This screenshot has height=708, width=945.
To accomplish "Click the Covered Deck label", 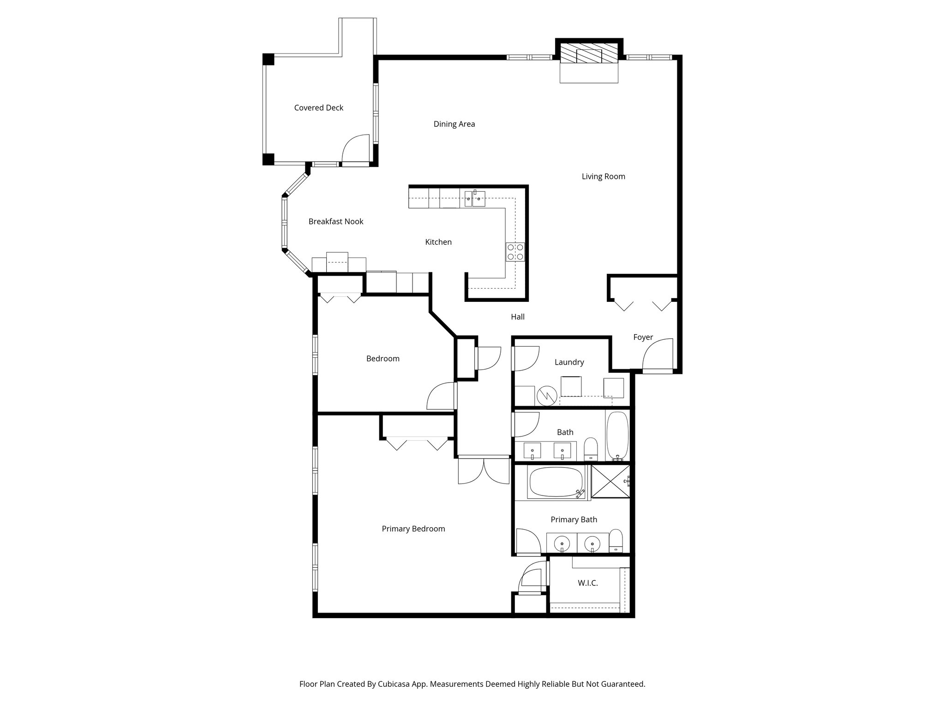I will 318,108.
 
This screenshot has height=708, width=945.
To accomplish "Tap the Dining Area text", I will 454,124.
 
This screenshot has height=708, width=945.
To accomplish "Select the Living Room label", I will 603,177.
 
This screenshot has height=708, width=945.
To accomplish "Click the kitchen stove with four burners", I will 515,252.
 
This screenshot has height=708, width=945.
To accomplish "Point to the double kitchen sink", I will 475,199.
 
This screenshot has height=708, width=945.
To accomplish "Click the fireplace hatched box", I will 589,56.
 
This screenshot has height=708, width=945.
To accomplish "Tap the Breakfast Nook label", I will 335,222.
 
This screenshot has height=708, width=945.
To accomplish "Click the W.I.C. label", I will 587,583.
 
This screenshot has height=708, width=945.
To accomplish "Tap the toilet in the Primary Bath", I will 616,541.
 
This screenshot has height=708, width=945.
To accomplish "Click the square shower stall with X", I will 610,481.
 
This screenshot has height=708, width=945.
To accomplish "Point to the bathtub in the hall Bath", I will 617,436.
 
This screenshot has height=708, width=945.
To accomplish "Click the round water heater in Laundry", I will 547,395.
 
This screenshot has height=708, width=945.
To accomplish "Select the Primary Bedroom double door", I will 484,470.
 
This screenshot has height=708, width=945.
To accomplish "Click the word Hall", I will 518,317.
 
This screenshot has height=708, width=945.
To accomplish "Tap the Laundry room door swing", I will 526,359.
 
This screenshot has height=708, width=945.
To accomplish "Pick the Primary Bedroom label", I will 413,529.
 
